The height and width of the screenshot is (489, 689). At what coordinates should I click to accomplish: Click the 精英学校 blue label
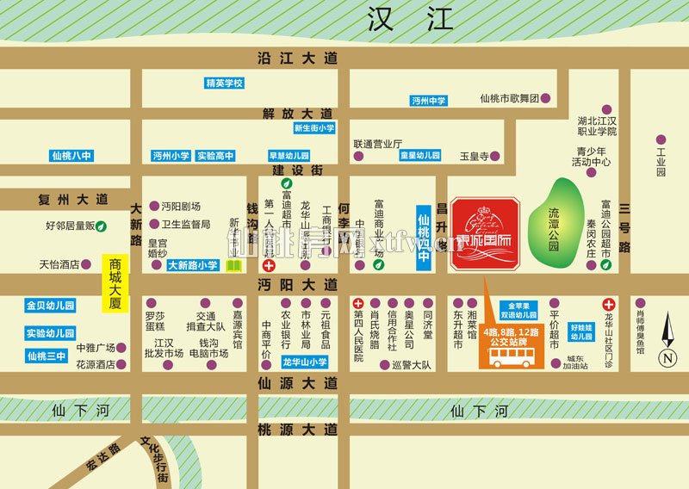tap(225, 84)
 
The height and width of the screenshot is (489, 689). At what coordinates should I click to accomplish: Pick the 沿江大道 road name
tap(297, 58)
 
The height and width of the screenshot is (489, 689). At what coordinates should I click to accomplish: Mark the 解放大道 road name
tap(297, 113)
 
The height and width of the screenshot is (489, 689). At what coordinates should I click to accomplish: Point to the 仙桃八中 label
tap(71, 156)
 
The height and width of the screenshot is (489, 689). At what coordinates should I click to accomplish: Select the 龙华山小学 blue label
tap(305, 362)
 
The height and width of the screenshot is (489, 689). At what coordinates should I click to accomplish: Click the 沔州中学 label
tap(429, 101)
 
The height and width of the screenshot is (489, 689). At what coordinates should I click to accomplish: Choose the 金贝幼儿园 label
tap(50, 306)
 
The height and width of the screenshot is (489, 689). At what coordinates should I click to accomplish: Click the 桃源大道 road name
tap(297, 428)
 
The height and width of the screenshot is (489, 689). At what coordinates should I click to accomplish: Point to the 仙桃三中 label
tap(47, 356)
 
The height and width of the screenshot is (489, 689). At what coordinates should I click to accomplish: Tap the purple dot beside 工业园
tap(661, 139)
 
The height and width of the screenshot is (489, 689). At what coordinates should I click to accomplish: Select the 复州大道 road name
tap(73, 199)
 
